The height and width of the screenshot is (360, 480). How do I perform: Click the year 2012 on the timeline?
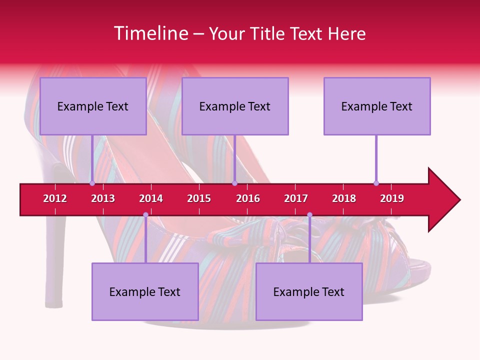tap(55, 198)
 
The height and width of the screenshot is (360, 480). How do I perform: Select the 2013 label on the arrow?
tap(103, 198)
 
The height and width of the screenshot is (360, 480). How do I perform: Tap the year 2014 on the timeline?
tap(151, 198)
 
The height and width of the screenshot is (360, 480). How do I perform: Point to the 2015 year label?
tap(199, 198)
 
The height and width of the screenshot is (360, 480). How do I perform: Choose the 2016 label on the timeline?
tap(248, 198)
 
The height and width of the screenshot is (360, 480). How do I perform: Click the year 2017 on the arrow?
tap(296, 198)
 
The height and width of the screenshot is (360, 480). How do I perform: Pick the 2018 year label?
tap(344, 198)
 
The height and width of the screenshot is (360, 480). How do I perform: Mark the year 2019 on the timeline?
tap(392, 198)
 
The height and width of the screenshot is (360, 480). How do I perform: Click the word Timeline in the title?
tap(150, 33)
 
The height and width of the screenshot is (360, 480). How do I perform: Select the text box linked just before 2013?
tap(93, 106)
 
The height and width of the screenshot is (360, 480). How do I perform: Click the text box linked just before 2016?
tap(235, 106)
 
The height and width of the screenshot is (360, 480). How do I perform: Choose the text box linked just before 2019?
tap(377, 106)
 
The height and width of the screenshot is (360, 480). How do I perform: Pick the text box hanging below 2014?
tap(145, 292)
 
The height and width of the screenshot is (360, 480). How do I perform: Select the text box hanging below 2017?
tap(309, 292)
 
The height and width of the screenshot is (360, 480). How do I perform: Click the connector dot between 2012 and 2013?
tap(92, 183)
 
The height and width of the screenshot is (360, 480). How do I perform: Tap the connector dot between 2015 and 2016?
tap(234, 183)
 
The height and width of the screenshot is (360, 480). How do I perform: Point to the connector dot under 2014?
tap(145, 214)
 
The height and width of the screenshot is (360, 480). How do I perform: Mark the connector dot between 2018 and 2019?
tap(376, 183)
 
